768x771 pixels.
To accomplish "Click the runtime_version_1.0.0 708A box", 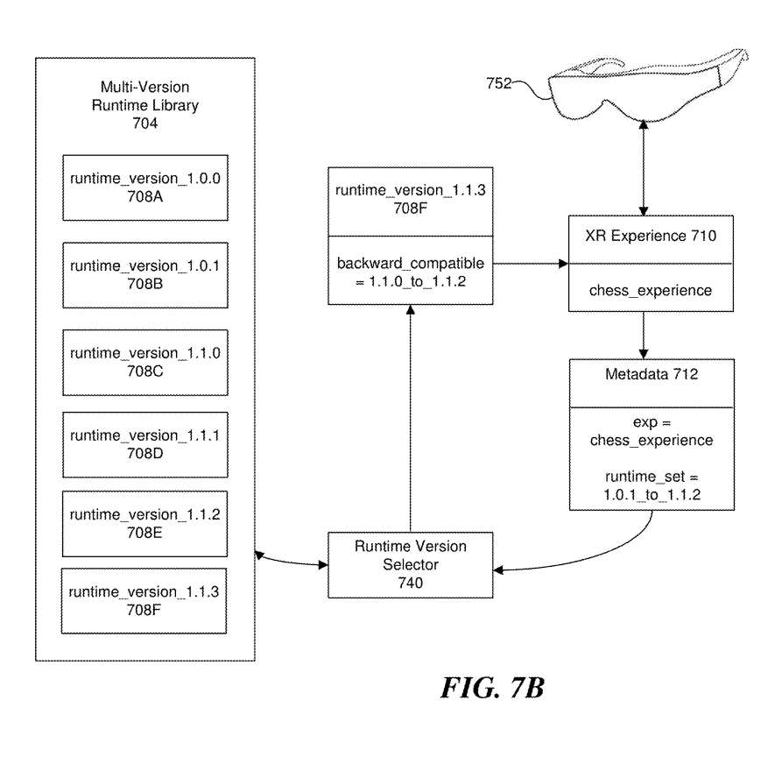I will (144, 187).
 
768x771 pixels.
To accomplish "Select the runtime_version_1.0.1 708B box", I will (144, 274).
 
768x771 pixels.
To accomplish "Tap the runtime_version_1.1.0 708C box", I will (144, 362).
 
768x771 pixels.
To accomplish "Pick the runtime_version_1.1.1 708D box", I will (144, 444).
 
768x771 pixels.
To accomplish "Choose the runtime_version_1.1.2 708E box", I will (144, 524).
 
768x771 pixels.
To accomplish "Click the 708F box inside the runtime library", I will (144, 600).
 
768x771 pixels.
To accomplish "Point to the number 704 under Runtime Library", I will (144, 124).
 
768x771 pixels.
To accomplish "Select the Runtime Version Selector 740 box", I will (410, 564).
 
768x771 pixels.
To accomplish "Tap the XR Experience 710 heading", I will (644, 237).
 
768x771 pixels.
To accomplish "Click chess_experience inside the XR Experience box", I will (644, 290).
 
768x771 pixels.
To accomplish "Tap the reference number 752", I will (500, 84).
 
